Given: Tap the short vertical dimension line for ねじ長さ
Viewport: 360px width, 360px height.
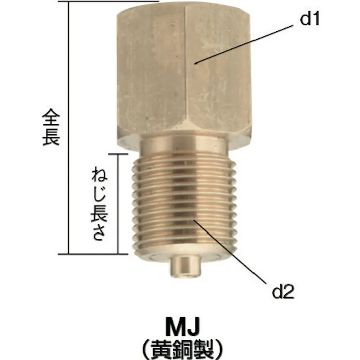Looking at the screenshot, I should click(x=119, y=202).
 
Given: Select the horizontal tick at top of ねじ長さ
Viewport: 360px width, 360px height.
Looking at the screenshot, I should click(x=126, y=153).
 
